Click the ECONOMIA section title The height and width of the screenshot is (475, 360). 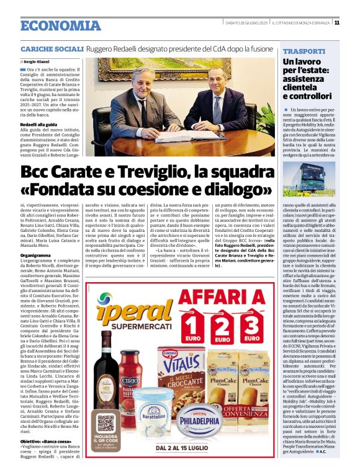[61, 25]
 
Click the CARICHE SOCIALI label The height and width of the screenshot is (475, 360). [52, 48]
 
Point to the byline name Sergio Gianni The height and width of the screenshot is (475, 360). [38, 62]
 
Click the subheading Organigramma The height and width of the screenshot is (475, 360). [35, 255]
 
